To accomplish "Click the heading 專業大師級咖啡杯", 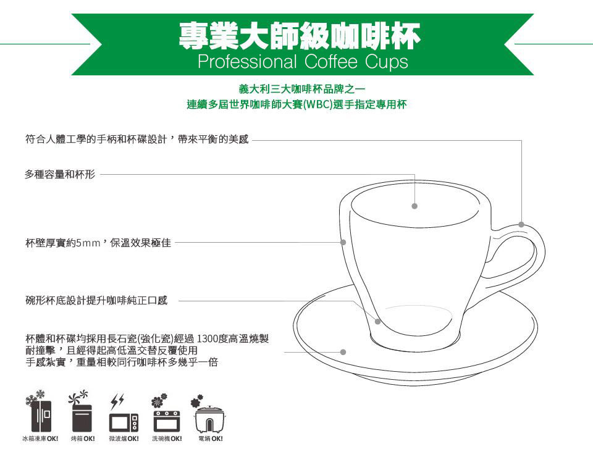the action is (300, 36).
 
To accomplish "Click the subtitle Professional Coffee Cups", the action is (303, 62).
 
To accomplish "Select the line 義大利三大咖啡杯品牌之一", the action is (302, 89).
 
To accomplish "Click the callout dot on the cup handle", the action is (521, 225).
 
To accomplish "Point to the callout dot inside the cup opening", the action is (414, 206).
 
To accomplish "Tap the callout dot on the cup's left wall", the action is (343, 242).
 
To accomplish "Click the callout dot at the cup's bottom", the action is (377, 322).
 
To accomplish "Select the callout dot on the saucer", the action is (343, 352).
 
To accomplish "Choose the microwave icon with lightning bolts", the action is (124, 414).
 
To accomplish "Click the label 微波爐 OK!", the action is (124, 439).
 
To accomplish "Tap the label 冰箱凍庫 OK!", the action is (40, 439).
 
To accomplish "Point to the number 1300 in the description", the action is (208, 338).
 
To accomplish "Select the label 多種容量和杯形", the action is (60, 174).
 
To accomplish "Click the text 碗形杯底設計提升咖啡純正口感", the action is (96, 301).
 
